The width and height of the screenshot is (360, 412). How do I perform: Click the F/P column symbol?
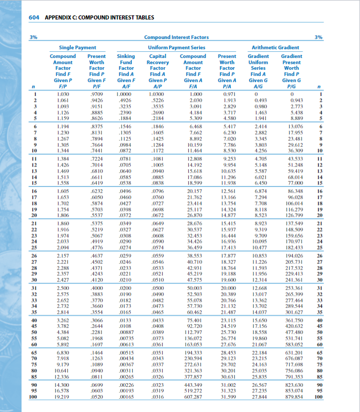coord(63,86)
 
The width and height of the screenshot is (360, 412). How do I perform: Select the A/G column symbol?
coord(258,86)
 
